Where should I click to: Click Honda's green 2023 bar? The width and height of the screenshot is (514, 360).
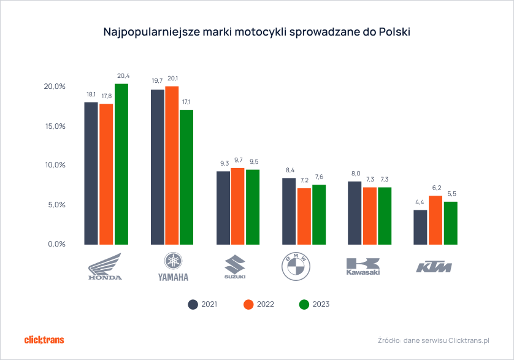pyautogui.click(x=121, y=164)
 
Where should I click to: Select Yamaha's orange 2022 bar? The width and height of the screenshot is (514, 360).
pyautogui.click(x=172, y=165)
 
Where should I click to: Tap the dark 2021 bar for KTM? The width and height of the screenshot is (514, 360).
pyautogui.click(x=420, y=227)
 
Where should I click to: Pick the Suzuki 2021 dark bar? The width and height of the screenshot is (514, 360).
pyautogui.click(x=223, y=207)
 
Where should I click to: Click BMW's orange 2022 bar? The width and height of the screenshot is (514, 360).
pyautogui.click(x=304, y=216)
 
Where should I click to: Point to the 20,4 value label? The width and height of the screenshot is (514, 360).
pyautogui.click(x=123, y=76)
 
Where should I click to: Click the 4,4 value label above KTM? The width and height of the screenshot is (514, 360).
pyautogui.click(x=420, y=202)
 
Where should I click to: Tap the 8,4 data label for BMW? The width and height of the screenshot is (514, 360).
pyautogui.click(x=290, y=170)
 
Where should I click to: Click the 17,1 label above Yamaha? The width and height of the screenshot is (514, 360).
pyautogui.click(x=186, y=102)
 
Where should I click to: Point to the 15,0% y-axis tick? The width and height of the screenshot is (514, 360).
pyautogui.click(x=55, y=126)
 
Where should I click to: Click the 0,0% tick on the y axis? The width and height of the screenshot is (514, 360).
pyautogui.click(x=55, y=244)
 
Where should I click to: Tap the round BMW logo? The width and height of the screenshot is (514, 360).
pyautogui.click(x=296, y=267)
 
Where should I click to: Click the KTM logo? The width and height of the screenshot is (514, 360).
pyautogui.click(x=434, y=267)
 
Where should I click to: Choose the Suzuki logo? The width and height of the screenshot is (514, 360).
pyautogui.click(x=235, y=267)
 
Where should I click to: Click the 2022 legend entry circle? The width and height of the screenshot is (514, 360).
pyautogui.click(x=248, y=304)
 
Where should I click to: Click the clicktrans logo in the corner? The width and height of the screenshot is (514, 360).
pyautogui.click(x=44, y=340)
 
